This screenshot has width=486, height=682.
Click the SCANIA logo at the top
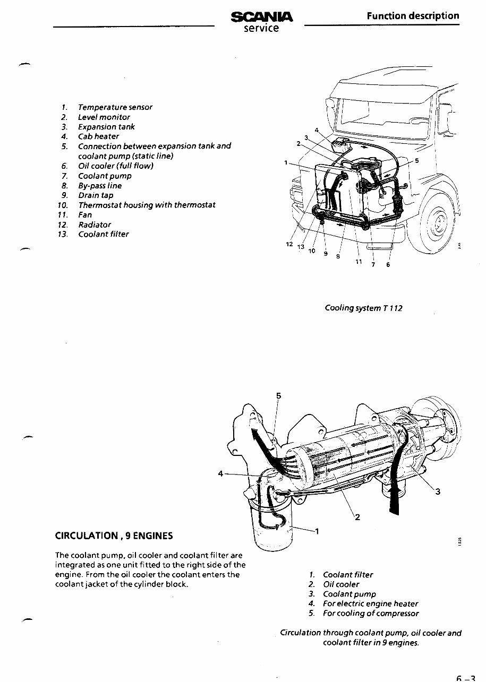pos(261,17)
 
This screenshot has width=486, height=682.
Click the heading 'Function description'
pos(413,15)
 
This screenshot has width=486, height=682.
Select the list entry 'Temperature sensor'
pos(115,107)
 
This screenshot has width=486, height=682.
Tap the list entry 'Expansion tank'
pos(106,127)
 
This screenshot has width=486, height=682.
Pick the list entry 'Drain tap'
pos(96,195)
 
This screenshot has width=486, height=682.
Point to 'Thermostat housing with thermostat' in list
pos(147,205)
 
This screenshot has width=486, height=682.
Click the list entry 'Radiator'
pos(95,225)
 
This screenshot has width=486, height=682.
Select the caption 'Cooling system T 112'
pos(363,308)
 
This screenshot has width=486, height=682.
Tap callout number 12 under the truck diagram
pos(289,244)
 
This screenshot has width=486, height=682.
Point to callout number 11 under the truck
pos(359,262)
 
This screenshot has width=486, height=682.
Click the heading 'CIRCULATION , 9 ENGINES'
pos(114,535)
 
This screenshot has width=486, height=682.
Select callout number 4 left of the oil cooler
pos(220,473)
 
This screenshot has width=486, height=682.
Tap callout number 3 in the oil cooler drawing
pos(437,491)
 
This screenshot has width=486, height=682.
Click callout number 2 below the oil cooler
pos(357,518)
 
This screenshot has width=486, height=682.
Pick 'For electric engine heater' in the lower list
pos(370,603)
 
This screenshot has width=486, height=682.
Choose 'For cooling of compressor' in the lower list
pos(370,614)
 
